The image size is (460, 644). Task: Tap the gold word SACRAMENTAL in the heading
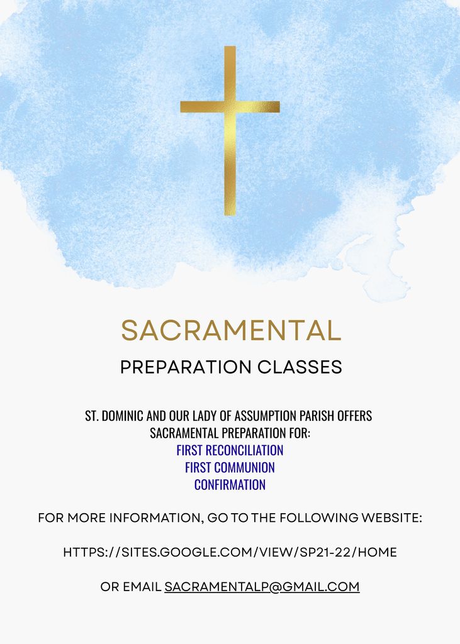(x=231, y=331)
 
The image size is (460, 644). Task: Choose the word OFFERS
(x=355, y=416)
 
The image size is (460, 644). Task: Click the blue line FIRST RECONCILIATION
(x=230, y=450)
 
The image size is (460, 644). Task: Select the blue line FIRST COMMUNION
(x=230, y=468)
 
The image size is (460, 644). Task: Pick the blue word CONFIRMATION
(x=230, y=485)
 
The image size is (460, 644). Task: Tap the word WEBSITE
(x=391, y=518)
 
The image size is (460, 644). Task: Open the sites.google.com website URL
(x=230, y=553)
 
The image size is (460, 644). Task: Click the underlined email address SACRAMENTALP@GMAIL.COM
(x=262, y=587)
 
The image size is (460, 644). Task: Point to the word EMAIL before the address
(x=142, y=587)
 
